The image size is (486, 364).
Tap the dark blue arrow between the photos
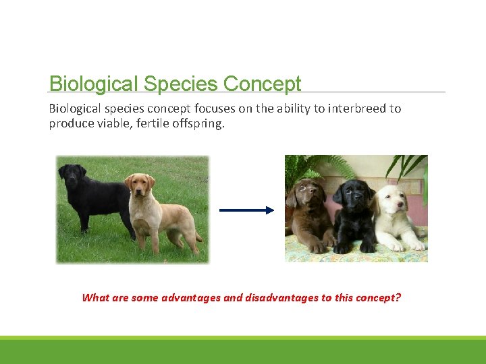[246, 210]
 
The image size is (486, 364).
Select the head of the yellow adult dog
[139, 183]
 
